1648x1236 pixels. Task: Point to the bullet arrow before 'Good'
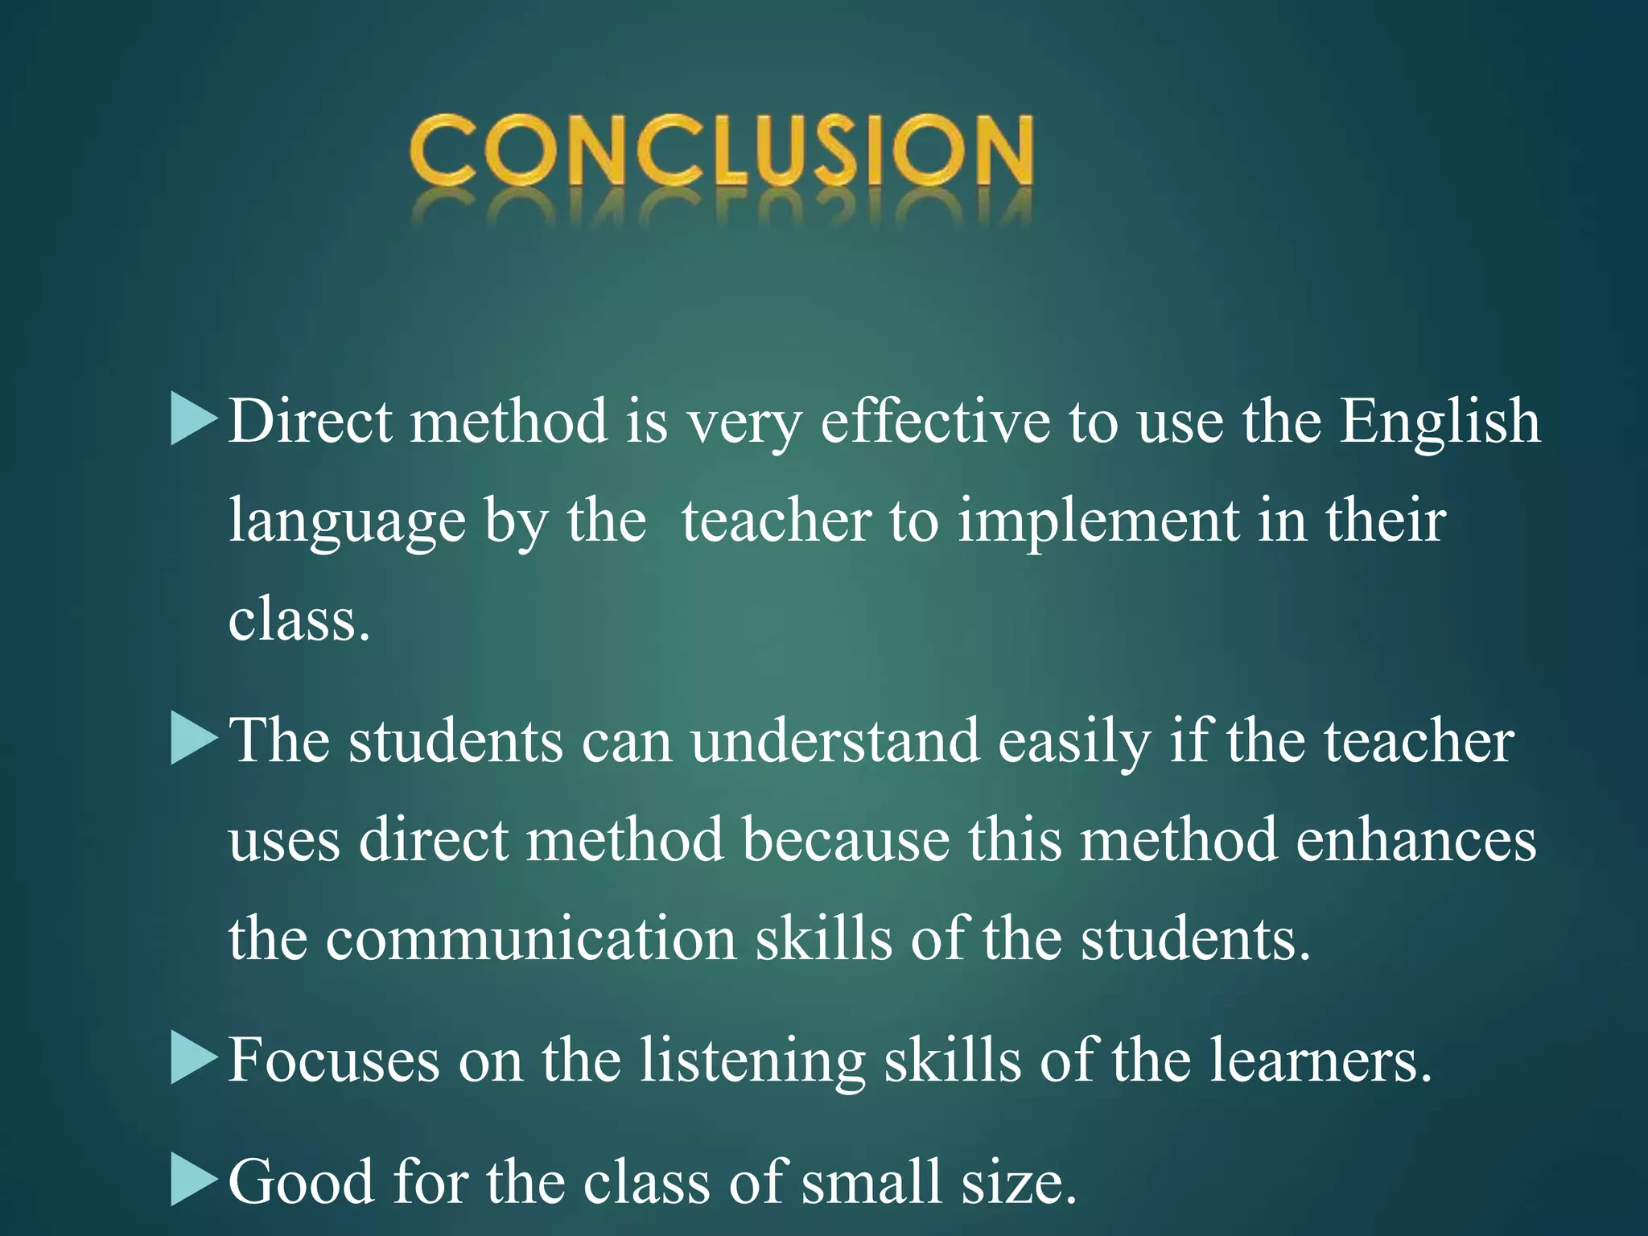(x=194, y=1181)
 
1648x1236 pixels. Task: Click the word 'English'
(x=1440, y=421)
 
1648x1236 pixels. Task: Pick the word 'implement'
(x=1098, y=521)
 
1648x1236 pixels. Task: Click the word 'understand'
(x=834, y=740)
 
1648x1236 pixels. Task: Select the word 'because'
(x=846, y=839)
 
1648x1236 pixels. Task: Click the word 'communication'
(x=531, y=938)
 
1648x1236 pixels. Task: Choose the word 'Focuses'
(x=334, y=1060)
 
